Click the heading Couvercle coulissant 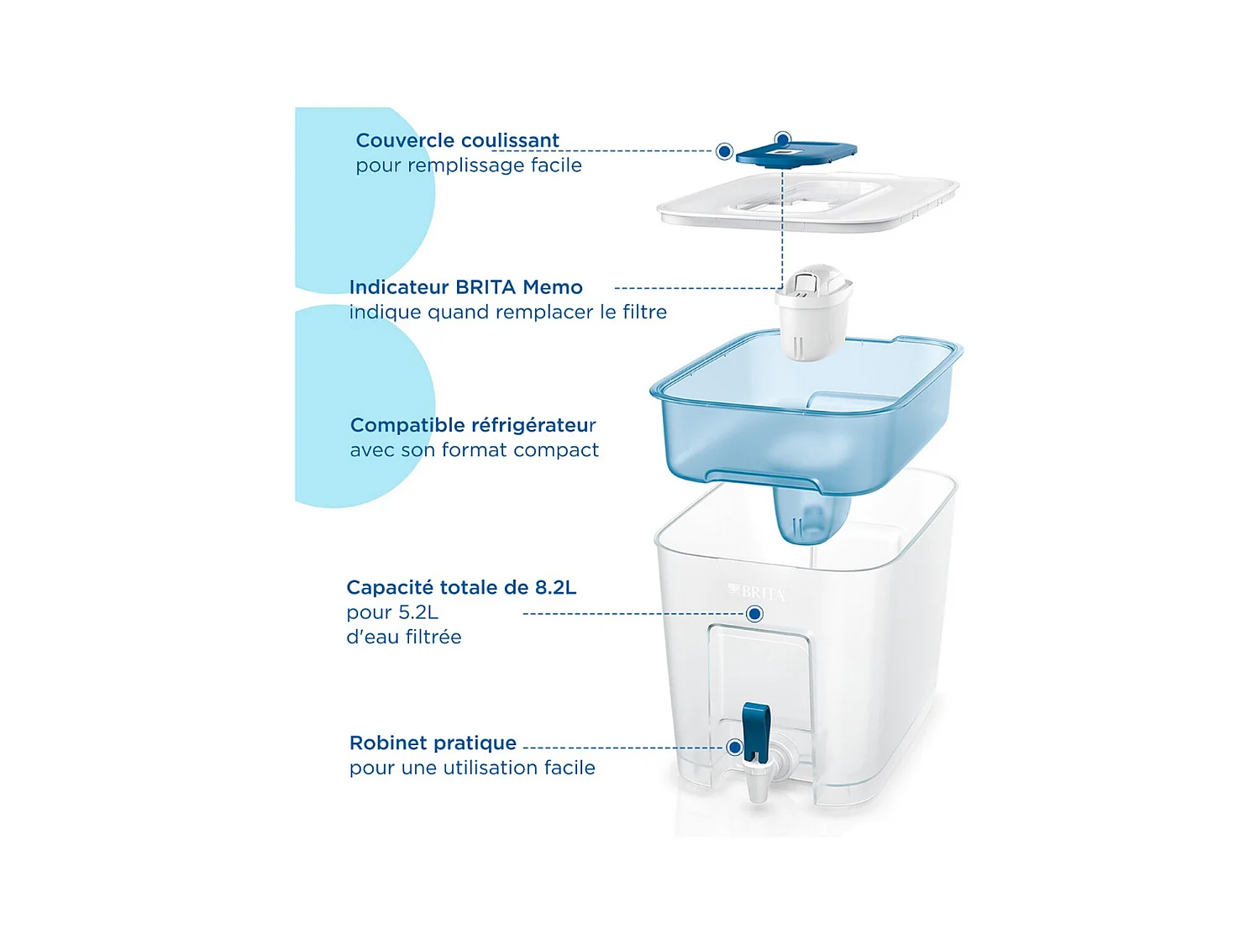(x=457, y=140)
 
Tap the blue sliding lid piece (x=795, y=154)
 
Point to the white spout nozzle (x=759, y=785)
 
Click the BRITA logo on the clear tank (x=758, y=593)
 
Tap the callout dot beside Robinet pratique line (x=735, y=747)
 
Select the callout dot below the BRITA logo (x=754, y=614)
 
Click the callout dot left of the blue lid (x=724, y=151)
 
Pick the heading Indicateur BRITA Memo (x=465, y=287)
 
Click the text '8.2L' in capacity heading (x=555, y=587)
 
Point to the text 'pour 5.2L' (x=392, y=612)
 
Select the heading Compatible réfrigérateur (x=473, y=425)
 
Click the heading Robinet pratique (x=433, y=743)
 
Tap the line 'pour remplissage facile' (x=469, y=165)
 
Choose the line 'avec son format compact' (x=475, y=450)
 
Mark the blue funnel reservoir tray (x=806, y=420)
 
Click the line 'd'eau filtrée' (x=404, y=637)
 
